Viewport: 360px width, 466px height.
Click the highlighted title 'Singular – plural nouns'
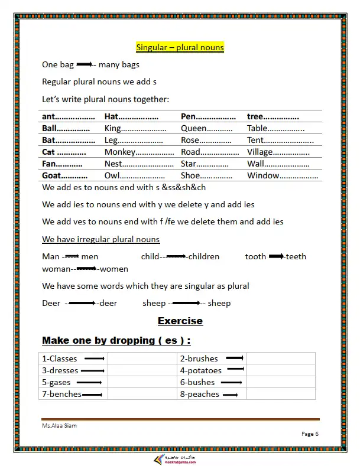pos(180,47)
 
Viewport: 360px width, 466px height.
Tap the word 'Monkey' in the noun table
pos(121,152)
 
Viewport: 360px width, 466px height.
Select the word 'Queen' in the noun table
pos(194,128)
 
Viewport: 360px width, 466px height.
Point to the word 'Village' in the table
pos(261,152)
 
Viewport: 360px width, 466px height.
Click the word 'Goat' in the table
pos(52,175)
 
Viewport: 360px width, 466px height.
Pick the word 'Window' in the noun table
pos(263,175)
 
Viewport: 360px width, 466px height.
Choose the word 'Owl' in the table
pos(112,175)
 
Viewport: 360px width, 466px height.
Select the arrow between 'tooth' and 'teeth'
pos(277,256)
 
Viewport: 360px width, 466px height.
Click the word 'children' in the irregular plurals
pos(204,256)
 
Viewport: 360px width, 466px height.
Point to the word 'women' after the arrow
pos(114,269)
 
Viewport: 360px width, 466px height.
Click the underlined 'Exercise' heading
pos(180,321)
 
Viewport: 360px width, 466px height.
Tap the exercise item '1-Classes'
pos(59,359)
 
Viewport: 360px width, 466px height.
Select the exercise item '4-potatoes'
pos(201,370)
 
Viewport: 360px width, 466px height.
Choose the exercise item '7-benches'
pos(61,394)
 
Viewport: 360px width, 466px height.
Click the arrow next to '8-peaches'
pos(231,395)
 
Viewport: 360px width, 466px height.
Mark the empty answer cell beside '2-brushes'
pos(280,359)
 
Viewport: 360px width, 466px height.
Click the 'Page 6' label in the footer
pos(310,434)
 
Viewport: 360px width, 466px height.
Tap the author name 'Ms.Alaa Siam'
pos(59,425)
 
